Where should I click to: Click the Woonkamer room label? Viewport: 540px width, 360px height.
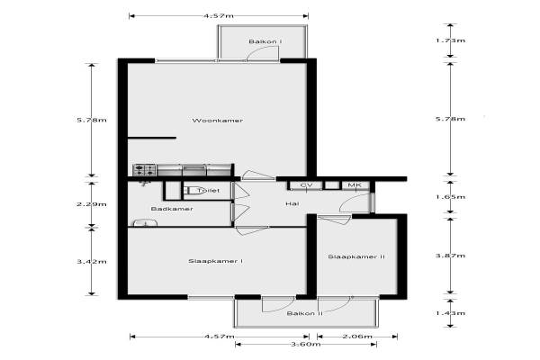point(218,121)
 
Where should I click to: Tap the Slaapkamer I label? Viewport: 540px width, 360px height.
point(216,261)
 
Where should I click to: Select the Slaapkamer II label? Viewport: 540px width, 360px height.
point(356,256)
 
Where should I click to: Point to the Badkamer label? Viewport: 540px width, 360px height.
point(172,209)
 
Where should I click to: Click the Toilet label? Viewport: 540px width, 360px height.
point(209,190)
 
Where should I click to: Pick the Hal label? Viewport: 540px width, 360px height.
point(292,204)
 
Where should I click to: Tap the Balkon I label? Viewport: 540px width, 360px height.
point(265,41)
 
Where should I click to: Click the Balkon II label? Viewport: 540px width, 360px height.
point(305,313)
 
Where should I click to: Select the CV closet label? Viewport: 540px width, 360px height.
point(306,185)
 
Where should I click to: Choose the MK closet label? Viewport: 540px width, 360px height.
point(355,185)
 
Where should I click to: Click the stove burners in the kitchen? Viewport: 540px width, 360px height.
point(145,170)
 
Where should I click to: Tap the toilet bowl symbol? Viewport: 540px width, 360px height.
point(194,190)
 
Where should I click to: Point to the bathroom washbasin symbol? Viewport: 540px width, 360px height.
point(145,223)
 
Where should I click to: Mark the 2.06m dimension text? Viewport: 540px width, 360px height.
point(357,337)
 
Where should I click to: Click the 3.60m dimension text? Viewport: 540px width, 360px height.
point(306,344)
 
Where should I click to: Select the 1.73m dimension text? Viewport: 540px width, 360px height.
point(451,40)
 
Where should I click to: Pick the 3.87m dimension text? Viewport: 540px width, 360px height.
point(451,256)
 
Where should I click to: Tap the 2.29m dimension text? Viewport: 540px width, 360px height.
point(92,204)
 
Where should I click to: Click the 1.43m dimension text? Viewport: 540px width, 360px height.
point(451,313)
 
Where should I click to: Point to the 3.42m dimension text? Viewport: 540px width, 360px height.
point(92,262)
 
